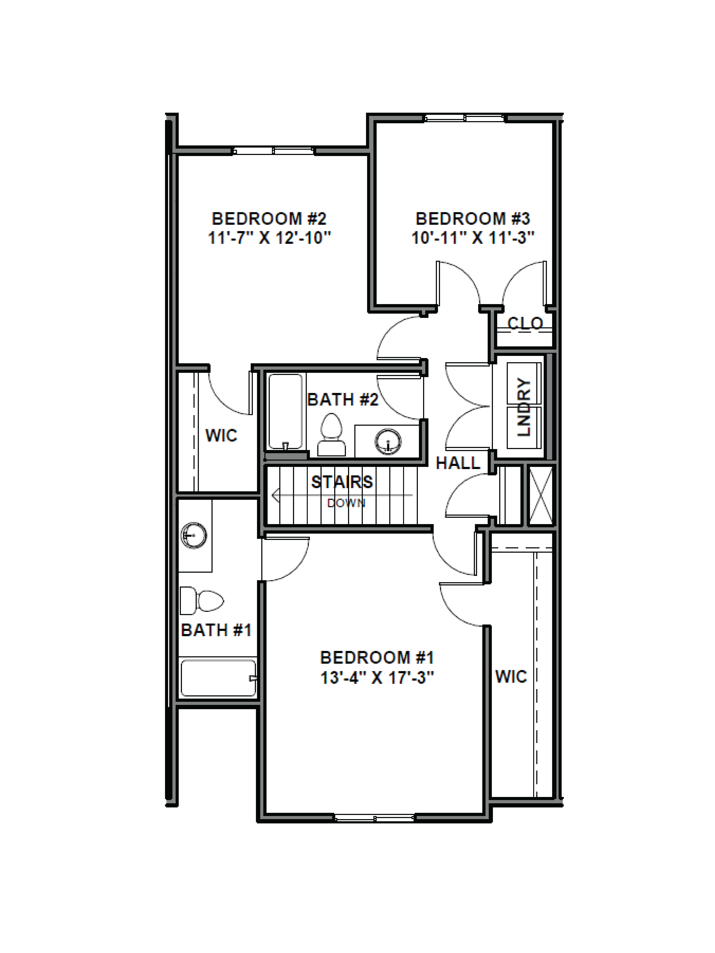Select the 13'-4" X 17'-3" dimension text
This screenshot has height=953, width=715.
pos(377,678)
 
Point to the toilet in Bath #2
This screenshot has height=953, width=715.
pos(331,435)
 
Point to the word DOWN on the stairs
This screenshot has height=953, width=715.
pos(346,503)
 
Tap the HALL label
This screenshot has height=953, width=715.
pos(458,463)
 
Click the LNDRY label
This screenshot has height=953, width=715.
pos(524,407)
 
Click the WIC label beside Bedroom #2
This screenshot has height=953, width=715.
pos(221,436)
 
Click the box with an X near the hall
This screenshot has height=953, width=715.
pos(540,496)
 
